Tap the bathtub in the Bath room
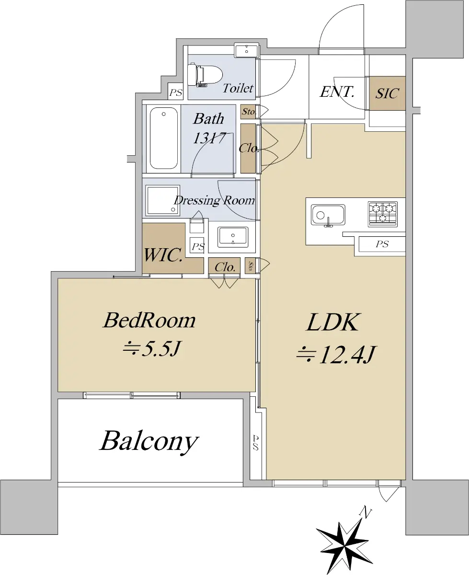(163, 138)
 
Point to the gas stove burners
(382, 214)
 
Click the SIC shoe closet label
(387, 93)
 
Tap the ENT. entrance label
(337, 92)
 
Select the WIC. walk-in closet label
(163, 255)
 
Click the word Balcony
(149, 442)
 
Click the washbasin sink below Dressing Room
(233, 237)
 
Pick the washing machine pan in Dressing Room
(162, 200)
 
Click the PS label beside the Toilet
(175, 92)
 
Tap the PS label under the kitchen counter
(382, 244)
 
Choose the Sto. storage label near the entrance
(249, 112)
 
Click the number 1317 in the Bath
(209, 138)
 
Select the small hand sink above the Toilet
(246, 50)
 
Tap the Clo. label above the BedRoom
(225, 267)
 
